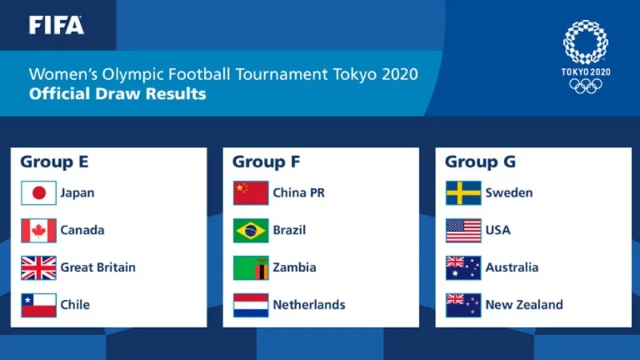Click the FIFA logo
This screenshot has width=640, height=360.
[56, 25]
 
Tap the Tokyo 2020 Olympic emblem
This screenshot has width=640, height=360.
[586, 56]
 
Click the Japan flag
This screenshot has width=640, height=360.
[38, 193]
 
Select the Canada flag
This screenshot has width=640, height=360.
[38, 230]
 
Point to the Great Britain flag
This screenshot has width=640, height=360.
[38, 267]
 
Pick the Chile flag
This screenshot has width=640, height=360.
[38, 305]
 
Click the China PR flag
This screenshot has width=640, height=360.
[250, 193]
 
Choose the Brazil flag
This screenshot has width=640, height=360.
[250, 230]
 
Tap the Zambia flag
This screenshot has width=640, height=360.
[250, 267]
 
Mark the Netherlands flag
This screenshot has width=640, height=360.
[250, 305]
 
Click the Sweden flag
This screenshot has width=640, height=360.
[463, 193]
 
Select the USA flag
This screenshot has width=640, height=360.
[463, 230]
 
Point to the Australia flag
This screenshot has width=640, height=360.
[463, 267]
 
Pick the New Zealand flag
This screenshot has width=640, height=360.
[463, 305]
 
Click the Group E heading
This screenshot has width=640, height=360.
[54, 162]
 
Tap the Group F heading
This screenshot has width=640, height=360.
[266, 162]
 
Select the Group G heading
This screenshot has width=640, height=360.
[480, 162]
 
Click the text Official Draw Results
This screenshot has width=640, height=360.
[118, 94]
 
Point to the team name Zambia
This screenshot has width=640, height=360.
[294, 267]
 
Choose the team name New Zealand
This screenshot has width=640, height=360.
[524, 305]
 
